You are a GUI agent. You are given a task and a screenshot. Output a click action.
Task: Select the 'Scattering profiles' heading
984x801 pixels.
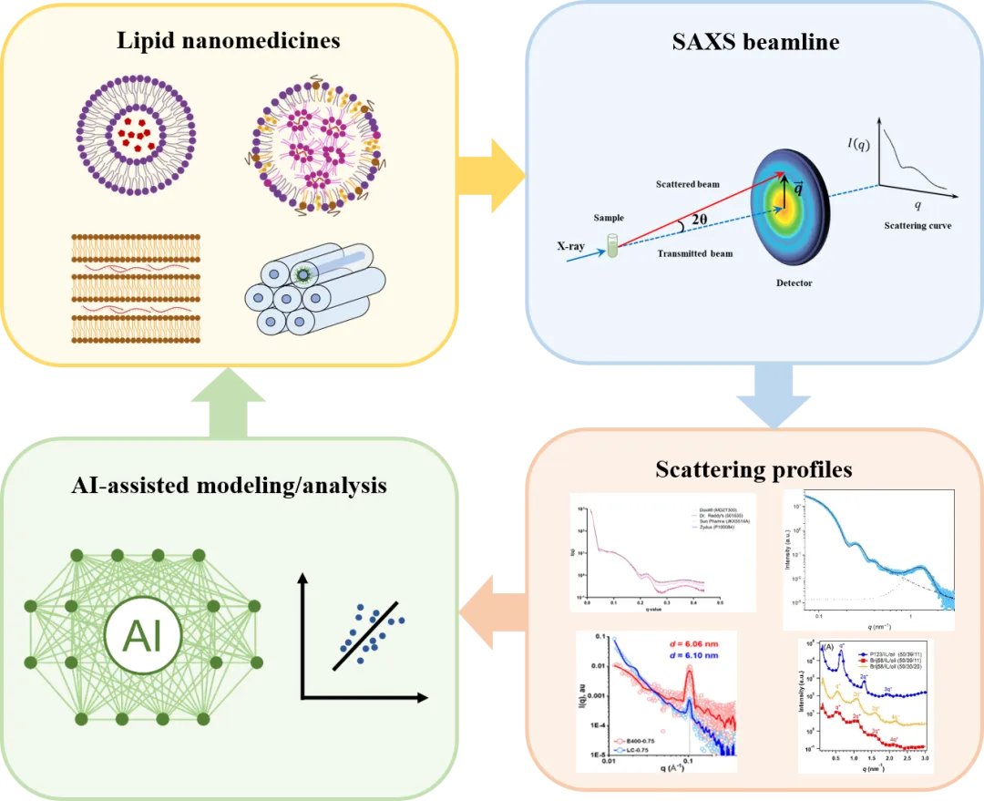pos(753,470)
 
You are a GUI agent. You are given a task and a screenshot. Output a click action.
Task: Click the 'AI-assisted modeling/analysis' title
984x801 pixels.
pos(229,486)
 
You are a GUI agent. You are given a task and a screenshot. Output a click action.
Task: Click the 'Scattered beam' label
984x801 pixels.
pos(688,184)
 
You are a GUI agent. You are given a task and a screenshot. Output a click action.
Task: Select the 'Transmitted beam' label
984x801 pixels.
pos(695,253)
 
